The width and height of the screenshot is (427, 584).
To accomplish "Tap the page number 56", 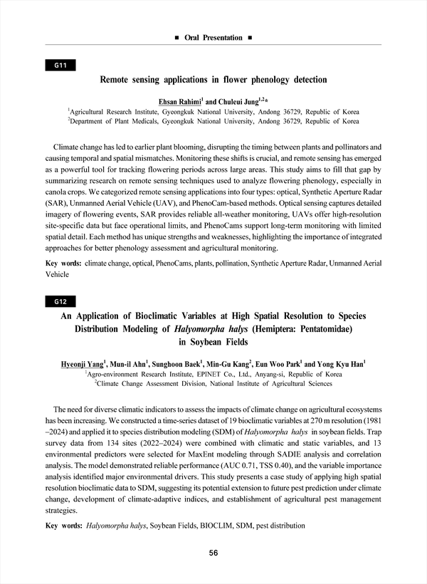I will (213, 553).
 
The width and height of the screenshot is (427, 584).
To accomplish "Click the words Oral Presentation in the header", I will (213, 37).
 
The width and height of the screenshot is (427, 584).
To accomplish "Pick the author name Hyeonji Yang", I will (80, 364).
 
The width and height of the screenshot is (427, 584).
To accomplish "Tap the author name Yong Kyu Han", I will (342, 364).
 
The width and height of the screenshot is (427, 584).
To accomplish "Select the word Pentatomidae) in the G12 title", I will (316, 330).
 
